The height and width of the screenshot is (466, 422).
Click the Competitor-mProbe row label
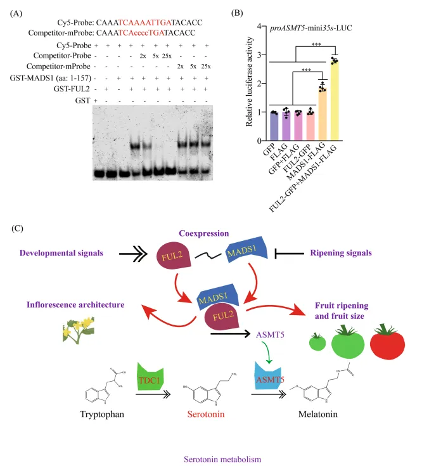[x=60, y=66]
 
